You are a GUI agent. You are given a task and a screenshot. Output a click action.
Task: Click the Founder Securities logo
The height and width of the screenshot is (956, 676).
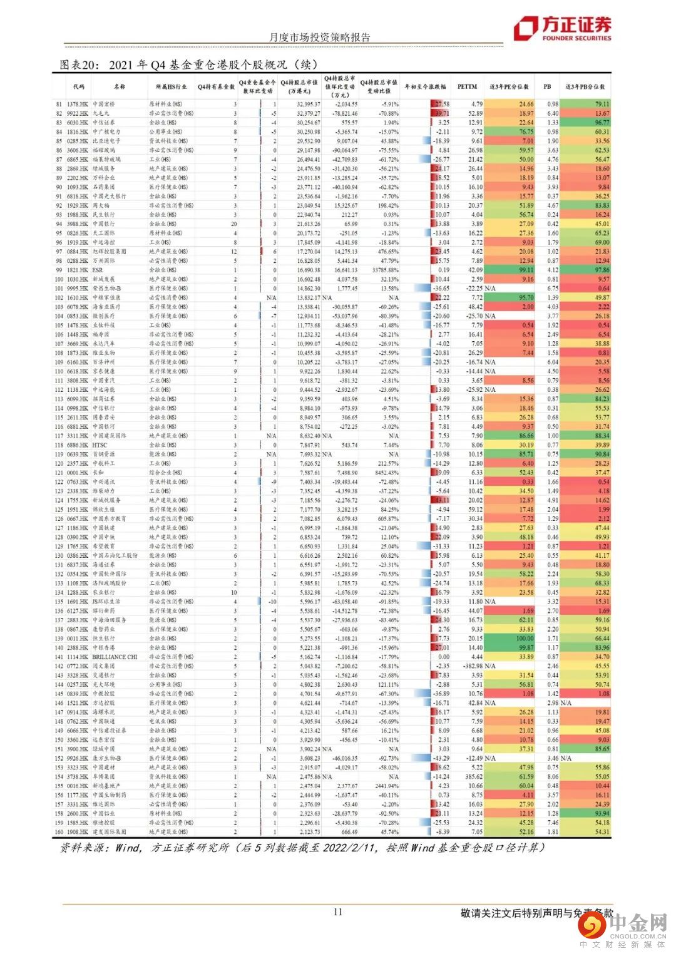coord(561,29)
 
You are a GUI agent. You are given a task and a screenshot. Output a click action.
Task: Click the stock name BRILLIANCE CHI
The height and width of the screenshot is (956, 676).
coord(115,657)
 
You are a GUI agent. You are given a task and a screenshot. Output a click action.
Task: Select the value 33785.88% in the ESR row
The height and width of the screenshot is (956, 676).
coord(380,270)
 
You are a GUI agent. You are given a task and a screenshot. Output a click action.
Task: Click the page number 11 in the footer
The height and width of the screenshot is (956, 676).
coord(338,912)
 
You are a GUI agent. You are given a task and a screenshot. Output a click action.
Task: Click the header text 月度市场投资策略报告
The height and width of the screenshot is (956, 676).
coord(319,37)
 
